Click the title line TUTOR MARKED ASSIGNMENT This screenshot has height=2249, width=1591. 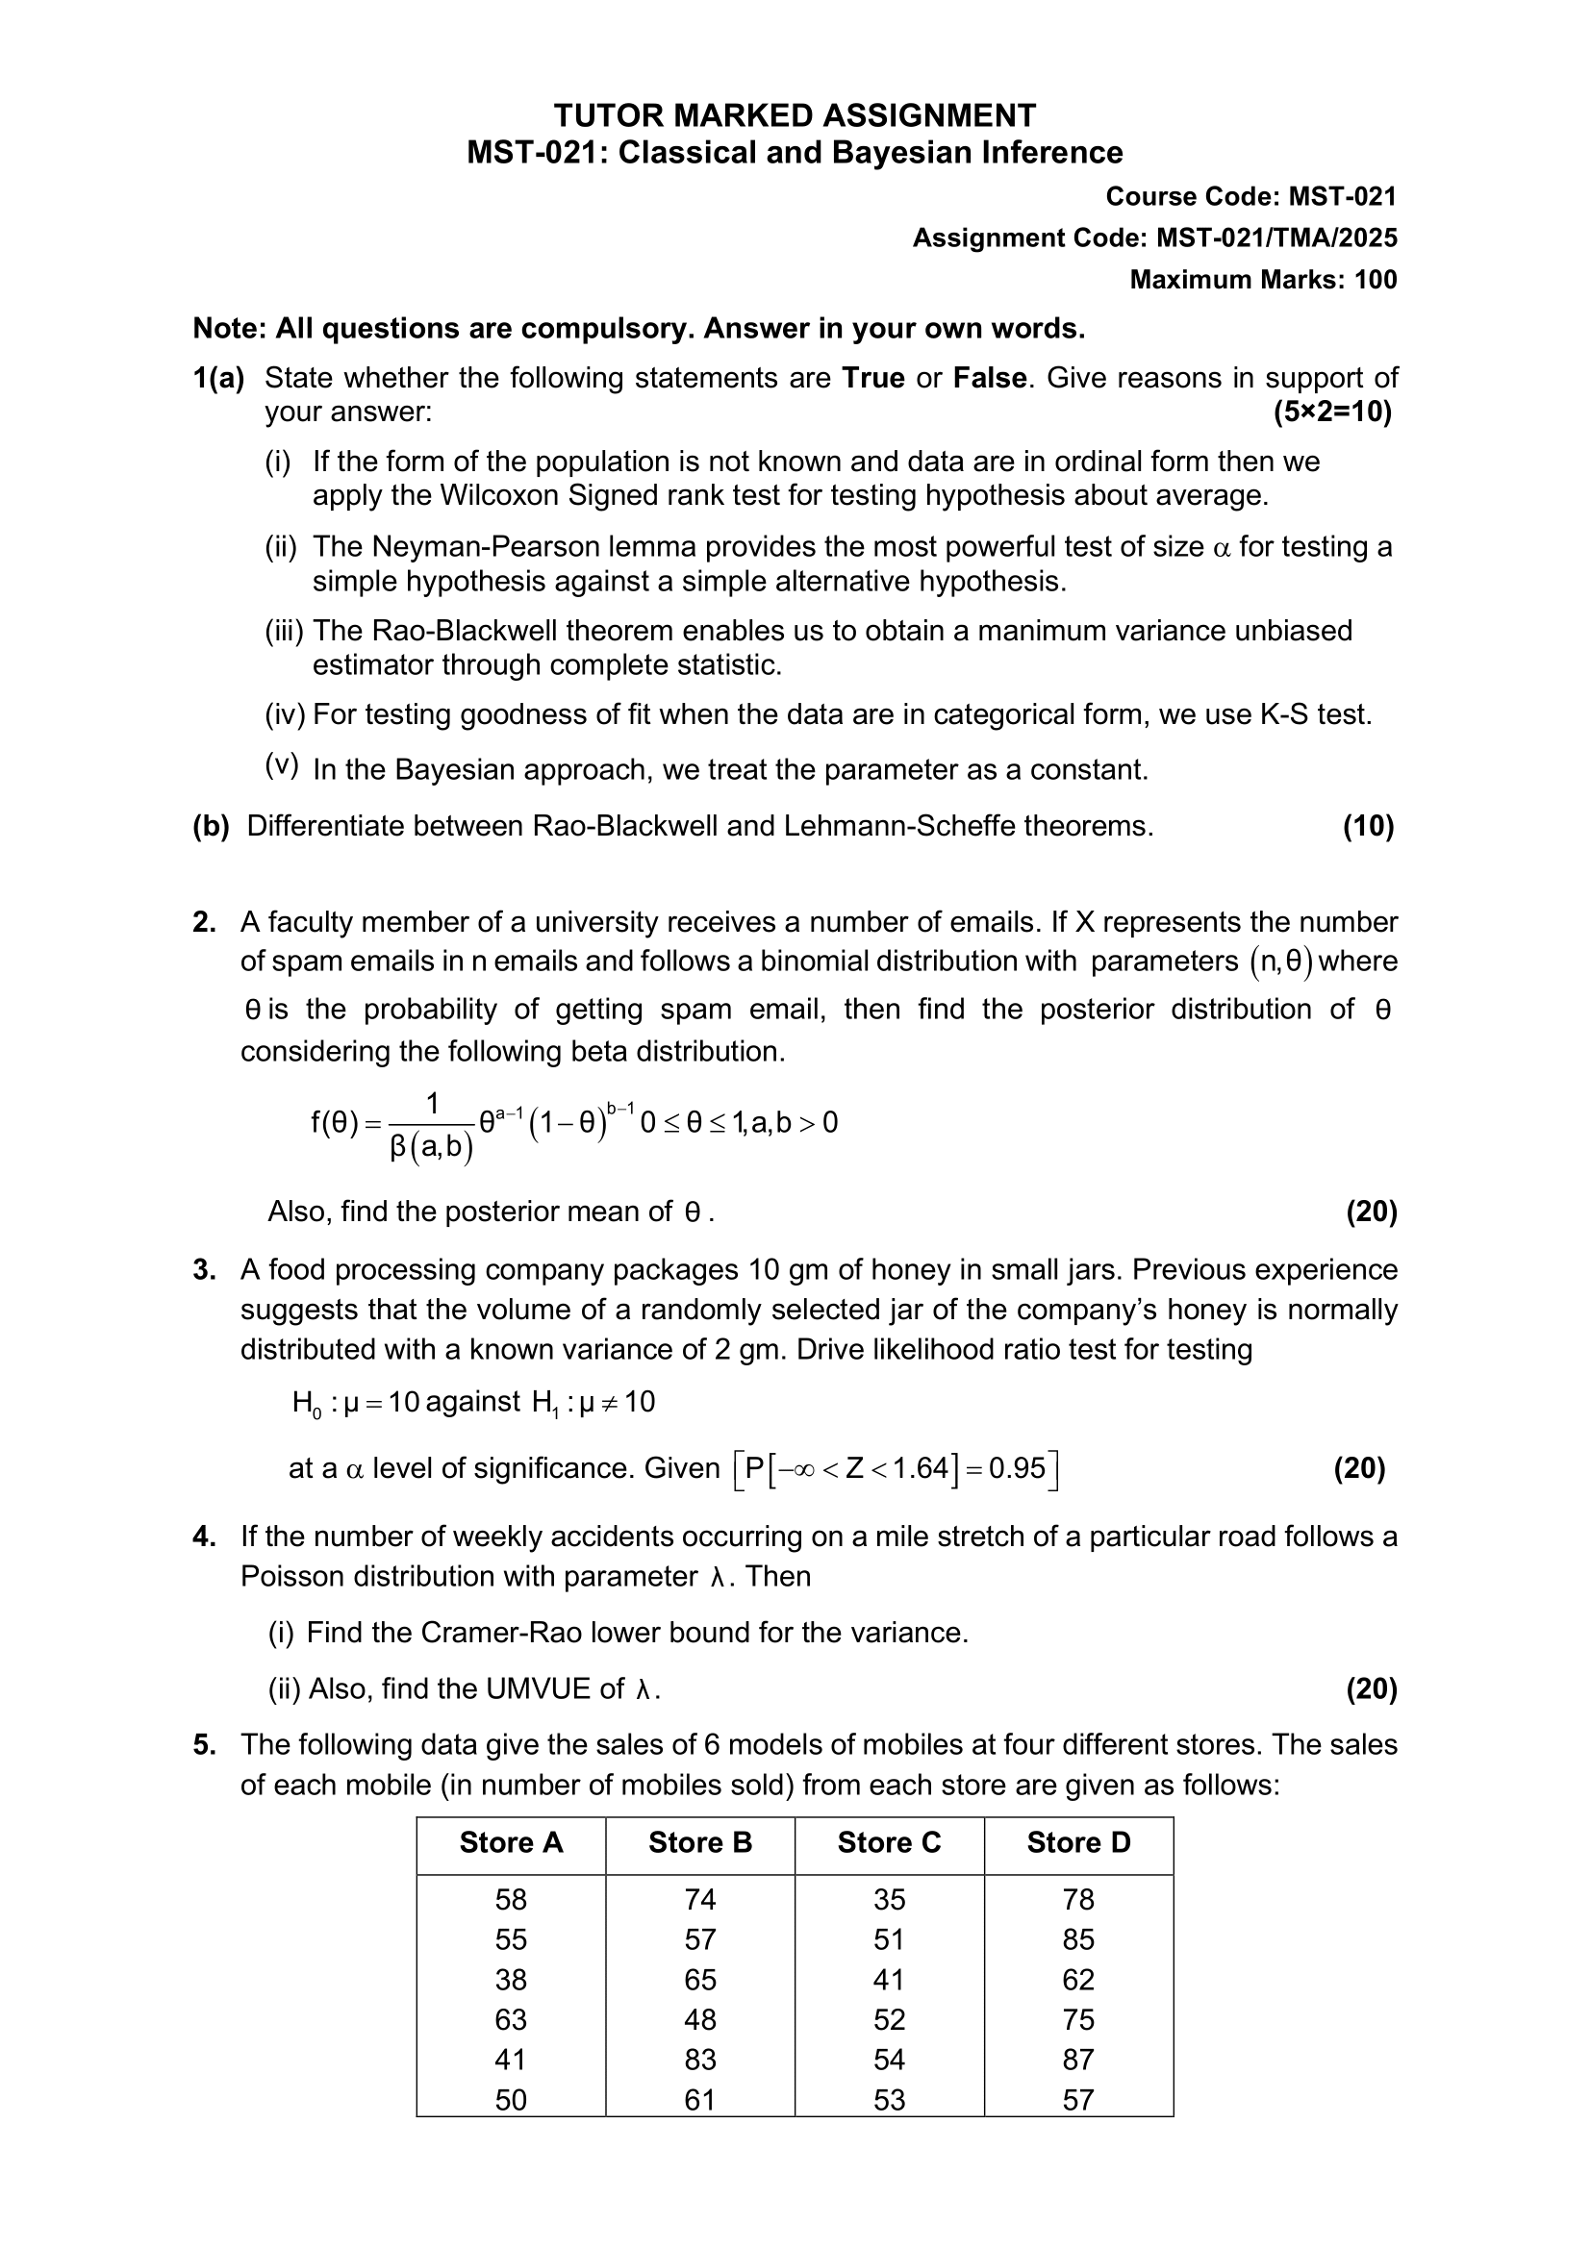pyautogui.click(x=795, y=115)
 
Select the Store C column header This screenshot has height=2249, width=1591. pyautogui.click(x=889, y=1842)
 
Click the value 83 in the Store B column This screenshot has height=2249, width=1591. pyautogui.click(x=699, y=2059)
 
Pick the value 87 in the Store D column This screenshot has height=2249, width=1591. pyautogui.click(x=1077, y=2059)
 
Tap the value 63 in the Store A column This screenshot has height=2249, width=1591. pyautogui.click(x=511, y=2019)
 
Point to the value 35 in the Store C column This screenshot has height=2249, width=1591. pyautogui.click(x=889, y=1899)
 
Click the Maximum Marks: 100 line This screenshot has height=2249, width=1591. pyautogui.click(x=1263, y=280)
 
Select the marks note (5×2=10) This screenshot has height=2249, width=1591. pyautogui.click(x=1332, y=412)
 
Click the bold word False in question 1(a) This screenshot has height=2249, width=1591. pyautogui.click(x=990, y=378)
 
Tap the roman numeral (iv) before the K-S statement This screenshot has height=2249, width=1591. pyautogui.click(x=285, y=715)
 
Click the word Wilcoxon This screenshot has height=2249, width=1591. pyautogui.click(x=498, y=495)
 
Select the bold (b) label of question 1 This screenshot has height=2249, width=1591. pyautogui.click(x=211, y=826)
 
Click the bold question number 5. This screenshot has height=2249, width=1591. pyautogui.click(x=204, y=1744)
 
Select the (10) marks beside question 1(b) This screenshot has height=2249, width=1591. pyautogui.click(x=1368, y=826)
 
